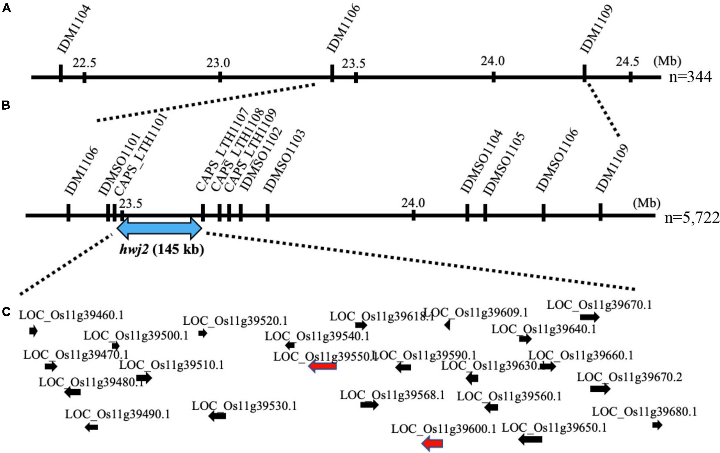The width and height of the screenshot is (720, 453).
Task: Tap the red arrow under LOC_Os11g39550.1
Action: pos(322,366)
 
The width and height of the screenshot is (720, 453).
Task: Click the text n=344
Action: pos(690,77)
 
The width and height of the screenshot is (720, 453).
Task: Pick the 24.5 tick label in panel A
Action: pos(627,62)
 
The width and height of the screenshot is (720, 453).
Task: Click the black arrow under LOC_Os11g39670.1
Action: pos(590,317)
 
